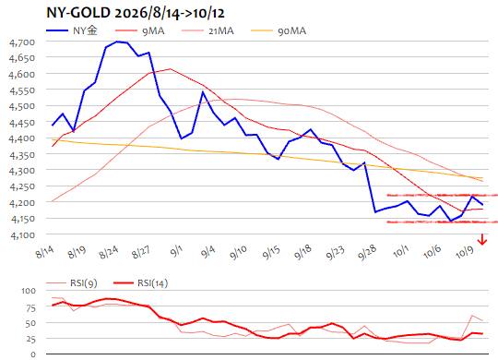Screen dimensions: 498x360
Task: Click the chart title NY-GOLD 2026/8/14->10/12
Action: (136, 13)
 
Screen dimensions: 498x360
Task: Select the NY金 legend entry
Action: (72, 30)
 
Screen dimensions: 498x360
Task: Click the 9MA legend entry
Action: (140, 30)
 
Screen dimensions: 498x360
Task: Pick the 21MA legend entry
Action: (207, 30)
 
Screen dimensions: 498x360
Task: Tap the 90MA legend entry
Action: (279, 30)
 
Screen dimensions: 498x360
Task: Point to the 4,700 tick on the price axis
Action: (22, 42)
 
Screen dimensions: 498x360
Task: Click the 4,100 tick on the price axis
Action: (22, 235)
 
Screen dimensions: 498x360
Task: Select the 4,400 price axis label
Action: (22, 138)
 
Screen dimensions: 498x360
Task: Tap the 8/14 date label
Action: (45, 252)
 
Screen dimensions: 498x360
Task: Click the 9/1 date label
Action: (176, 251)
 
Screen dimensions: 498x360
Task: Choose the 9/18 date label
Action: (302, 253)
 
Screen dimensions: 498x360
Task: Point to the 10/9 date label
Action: (465, 253)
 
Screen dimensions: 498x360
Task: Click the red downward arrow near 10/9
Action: (482, 239)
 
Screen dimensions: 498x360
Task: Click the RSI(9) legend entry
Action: (72, 283)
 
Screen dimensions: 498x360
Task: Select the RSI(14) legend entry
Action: (141, 283)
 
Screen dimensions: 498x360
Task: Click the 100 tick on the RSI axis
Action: (29, 291)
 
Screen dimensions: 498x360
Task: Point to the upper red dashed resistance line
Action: (442, 195)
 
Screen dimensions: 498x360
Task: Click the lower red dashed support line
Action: (442, 222)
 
